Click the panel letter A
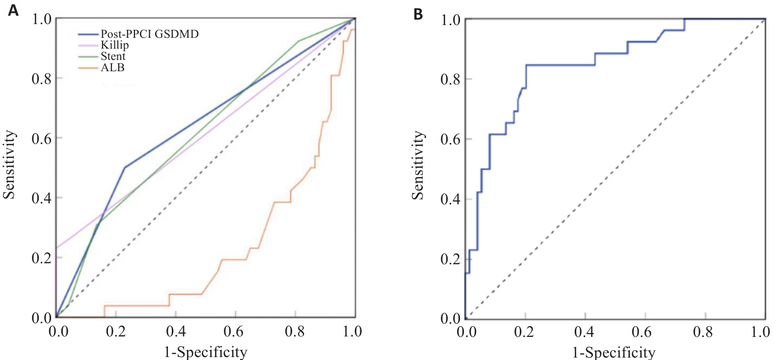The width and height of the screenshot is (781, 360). pos(13,10)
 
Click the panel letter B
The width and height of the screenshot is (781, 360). pos(418,14)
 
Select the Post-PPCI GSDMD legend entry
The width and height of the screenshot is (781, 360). pos(149,34)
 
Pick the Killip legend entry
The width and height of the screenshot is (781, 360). pos(114,45)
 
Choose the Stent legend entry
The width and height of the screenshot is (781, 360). pos(113,56)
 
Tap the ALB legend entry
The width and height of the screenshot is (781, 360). pos(112,68)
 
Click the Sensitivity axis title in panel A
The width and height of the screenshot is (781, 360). pos(9,165)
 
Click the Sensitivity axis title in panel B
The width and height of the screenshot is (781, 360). pos(418,165)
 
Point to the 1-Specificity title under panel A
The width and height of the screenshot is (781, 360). pos(205,352)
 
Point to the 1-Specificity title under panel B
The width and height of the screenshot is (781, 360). pos(614,352)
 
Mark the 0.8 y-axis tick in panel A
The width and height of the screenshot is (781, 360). pos(42,79)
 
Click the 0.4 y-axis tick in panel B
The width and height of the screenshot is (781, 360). pos(450,199)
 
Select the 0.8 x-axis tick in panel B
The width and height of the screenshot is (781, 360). pos(702,332)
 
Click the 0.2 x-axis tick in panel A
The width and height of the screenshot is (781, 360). pos(116,332)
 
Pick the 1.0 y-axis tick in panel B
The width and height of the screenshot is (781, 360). pos(450,20)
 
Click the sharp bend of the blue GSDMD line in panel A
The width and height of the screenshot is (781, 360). pos(125,167)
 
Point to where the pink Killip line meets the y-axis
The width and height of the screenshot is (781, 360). pos(56,248)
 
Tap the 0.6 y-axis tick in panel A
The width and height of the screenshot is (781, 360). pos(42,138)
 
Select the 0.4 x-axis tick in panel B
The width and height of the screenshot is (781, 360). pos(584,332)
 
